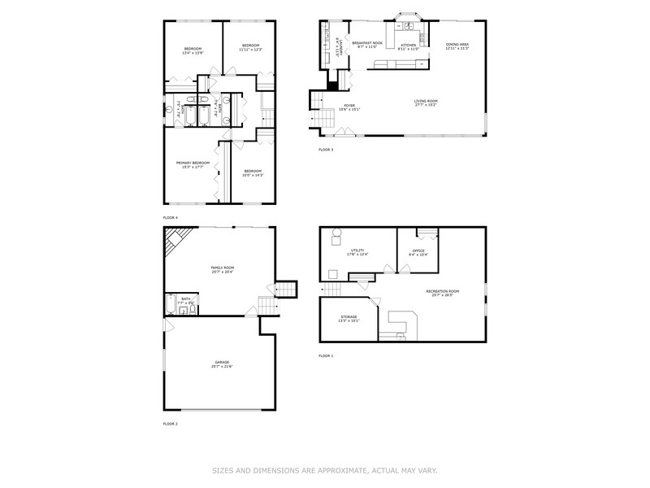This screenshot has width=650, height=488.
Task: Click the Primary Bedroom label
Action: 193,163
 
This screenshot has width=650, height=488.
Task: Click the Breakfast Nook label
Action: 367,43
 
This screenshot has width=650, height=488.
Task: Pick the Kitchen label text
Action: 408,45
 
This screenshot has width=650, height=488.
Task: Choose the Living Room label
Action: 425,101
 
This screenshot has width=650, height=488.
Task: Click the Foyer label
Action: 349,106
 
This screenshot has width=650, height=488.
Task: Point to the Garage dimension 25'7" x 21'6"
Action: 222,367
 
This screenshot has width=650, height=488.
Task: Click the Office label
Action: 418,251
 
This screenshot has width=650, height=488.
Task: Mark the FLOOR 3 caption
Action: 326,150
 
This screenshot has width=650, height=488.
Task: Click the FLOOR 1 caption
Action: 326,355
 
